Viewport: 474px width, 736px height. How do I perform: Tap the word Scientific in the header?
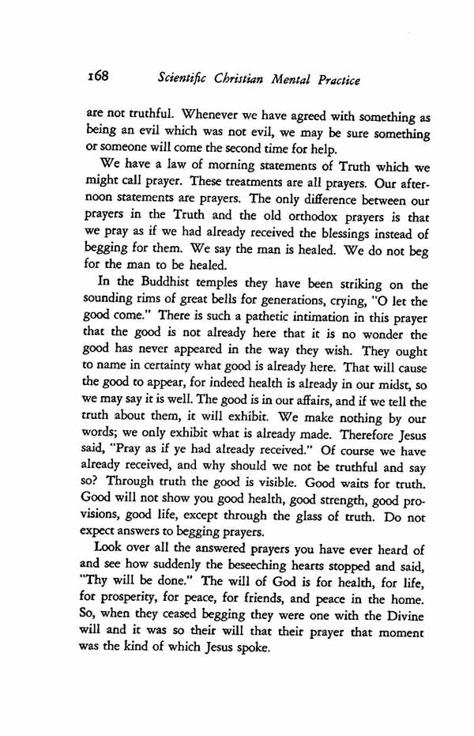(183, 79)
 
